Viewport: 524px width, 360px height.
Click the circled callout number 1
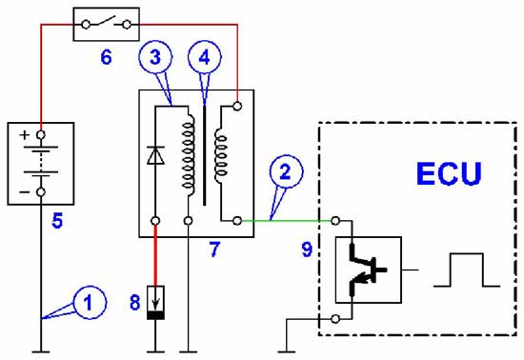(x=90, y=303)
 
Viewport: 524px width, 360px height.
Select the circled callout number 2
(x=286, y=171)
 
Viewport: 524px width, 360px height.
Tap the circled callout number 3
(x=155, y=57)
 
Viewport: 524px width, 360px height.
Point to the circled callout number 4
(x=205, y=57)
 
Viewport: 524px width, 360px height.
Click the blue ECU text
(x=449, y=173)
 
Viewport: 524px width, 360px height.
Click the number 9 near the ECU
(x=307, y=250)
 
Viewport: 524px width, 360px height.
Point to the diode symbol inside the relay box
(x=155, y=155)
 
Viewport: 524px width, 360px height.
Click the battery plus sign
(x=25, y=135)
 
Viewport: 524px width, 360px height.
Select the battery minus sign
(x=25, y=192)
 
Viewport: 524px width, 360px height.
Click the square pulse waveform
(x=467, y=270)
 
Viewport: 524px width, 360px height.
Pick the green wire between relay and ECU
(x=287, y=220)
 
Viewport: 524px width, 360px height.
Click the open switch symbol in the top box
(x=107, y=23)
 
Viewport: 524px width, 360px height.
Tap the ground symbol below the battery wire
(x=41, y=351)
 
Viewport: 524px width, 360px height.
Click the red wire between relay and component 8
(x=155, y=255)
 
